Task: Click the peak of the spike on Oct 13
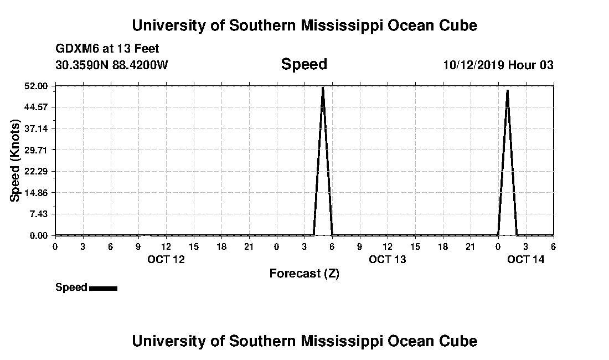coord(323,88)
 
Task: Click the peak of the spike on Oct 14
coord(507,90)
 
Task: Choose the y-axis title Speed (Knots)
coord(16,161)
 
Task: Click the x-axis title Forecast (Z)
coord(304,274)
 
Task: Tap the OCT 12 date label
coord(166,259)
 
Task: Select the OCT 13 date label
coord(387,259)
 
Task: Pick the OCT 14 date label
coord(525,259)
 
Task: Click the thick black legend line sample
coord(103,288)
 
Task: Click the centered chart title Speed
coord(304,64)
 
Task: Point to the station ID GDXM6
coord(76,49)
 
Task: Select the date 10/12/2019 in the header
coord(473,65)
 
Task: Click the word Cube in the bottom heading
coord(459,341)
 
